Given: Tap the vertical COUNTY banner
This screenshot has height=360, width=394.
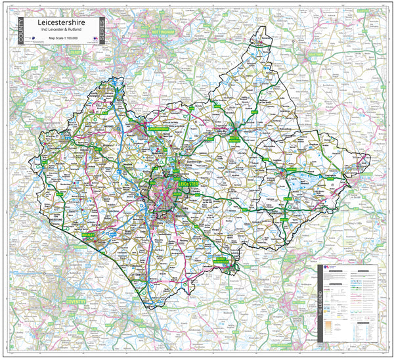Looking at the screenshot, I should pos(20,32).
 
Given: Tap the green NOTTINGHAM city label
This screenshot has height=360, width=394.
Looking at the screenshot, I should pos(162,32).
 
